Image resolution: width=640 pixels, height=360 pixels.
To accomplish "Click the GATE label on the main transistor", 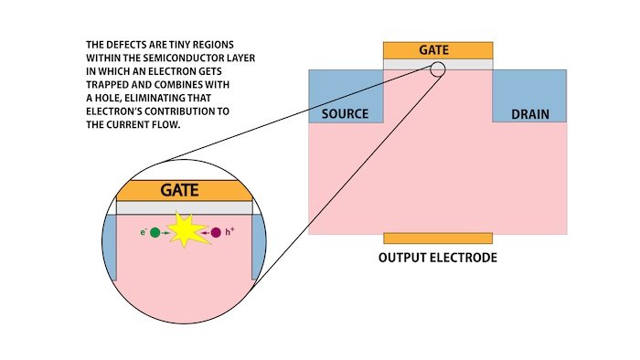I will (x=437, y=49).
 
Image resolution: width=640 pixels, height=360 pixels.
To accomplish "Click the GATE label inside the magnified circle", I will (x=180, y=191).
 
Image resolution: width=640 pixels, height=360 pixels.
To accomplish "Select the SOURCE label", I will (x=346, y=114).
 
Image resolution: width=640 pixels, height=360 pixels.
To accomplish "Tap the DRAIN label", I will (x=530, y=114).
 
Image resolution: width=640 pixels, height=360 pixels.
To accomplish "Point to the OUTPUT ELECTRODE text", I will (x=437, y=259).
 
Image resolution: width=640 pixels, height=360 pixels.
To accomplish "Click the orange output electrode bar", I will (x=437, y=238).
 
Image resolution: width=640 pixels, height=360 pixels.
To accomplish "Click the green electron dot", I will (x=155, y=233).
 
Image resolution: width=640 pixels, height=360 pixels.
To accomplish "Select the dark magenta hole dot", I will (x=216, y=233).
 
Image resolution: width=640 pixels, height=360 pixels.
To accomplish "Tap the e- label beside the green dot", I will (x=144, y=233).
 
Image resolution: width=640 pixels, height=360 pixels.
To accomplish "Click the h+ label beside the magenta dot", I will (x=229, y=233).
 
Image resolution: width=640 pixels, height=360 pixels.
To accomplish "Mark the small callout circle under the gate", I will (x=437, y=69).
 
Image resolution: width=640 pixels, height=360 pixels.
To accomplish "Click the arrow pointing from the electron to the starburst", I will (x=167, y=233).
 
